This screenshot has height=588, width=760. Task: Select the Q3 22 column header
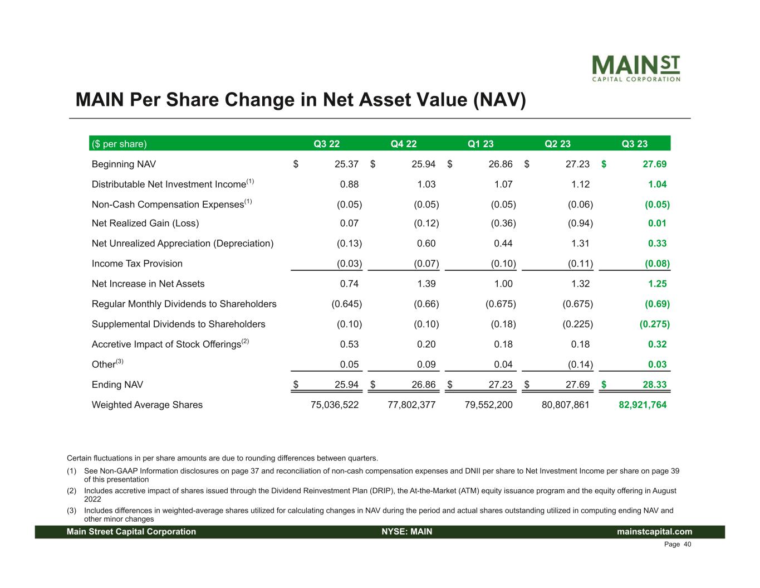point(327,144)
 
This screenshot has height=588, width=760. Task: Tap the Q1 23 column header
point(480,144)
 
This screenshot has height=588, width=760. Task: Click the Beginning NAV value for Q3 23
point(651,164)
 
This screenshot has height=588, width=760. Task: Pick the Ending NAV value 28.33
point(651,385)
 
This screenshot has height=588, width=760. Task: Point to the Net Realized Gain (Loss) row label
point(145,223)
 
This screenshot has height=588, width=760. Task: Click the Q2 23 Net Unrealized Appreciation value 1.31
point(580,244)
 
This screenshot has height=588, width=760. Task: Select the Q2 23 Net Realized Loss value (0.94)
point(580,223)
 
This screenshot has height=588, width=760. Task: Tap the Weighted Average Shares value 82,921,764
point(643,405)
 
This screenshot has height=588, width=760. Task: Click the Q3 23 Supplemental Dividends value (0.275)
point(655,324)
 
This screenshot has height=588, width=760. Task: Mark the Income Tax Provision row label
point(137,264)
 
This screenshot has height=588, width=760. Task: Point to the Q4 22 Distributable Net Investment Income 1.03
point(426,184)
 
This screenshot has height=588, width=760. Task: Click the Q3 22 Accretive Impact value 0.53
point(350,344)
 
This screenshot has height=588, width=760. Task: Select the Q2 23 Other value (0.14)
point(580,365)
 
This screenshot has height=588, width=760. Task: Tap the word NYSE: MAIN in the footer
point(407,532)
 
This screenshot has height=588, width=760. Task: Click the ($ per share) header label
point(119,144)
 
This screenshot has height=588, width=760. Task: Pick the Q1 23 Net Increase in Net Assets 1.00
point(503,284)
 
